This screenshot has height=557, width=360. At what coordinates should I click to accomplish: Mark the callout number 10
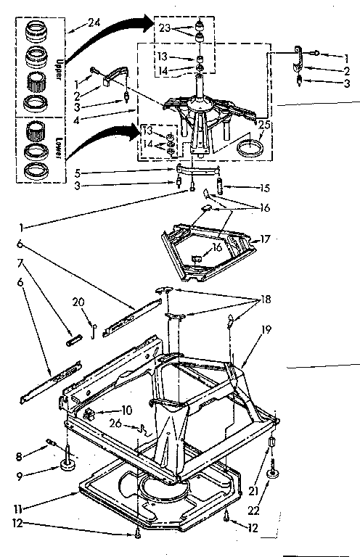coord(128,410)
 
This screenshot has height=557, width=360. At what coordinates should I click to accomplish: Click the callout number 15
coord(264,189)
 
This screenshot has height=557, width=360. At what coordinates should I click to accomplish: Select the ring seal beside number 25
coord(250,151)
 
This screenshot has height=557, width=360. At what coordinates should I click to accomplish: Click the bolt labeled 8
coord(52,440)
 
